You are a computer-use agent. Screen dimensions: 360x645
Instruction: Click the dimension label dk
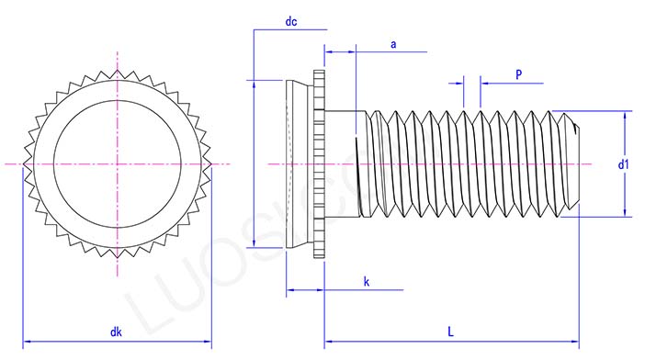pyautogui.click(x=117, y=332)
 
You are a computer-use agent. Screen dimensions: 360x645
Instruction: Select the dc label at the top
pyautogui.click(x=291, y=20)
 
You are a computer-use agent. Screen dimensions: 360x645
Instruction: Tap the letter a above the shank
pyautogui.click(x=393, y=43)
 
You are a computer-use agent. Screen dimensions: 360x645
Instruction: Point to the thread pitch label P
pyautogui.click(x=519, y=73)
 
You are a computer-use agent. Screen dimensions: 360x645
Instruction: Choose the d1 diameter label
pyautogui.click(x=622, y=164)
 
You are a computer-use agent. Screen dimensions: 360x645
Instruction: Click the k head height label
pyautogui.click(x=366, y=281)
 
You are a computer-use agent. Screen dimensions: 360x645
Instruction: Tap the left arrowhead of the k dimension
pyautogui.click(x=291, y=292)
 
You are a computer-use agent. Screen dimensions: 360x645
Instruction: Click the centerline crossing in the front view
pyautogui.click(x=118, y=164)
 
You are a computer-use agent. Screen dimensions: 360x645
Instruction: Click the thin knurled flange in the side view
pyautogui.click(x=319, y=164)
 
